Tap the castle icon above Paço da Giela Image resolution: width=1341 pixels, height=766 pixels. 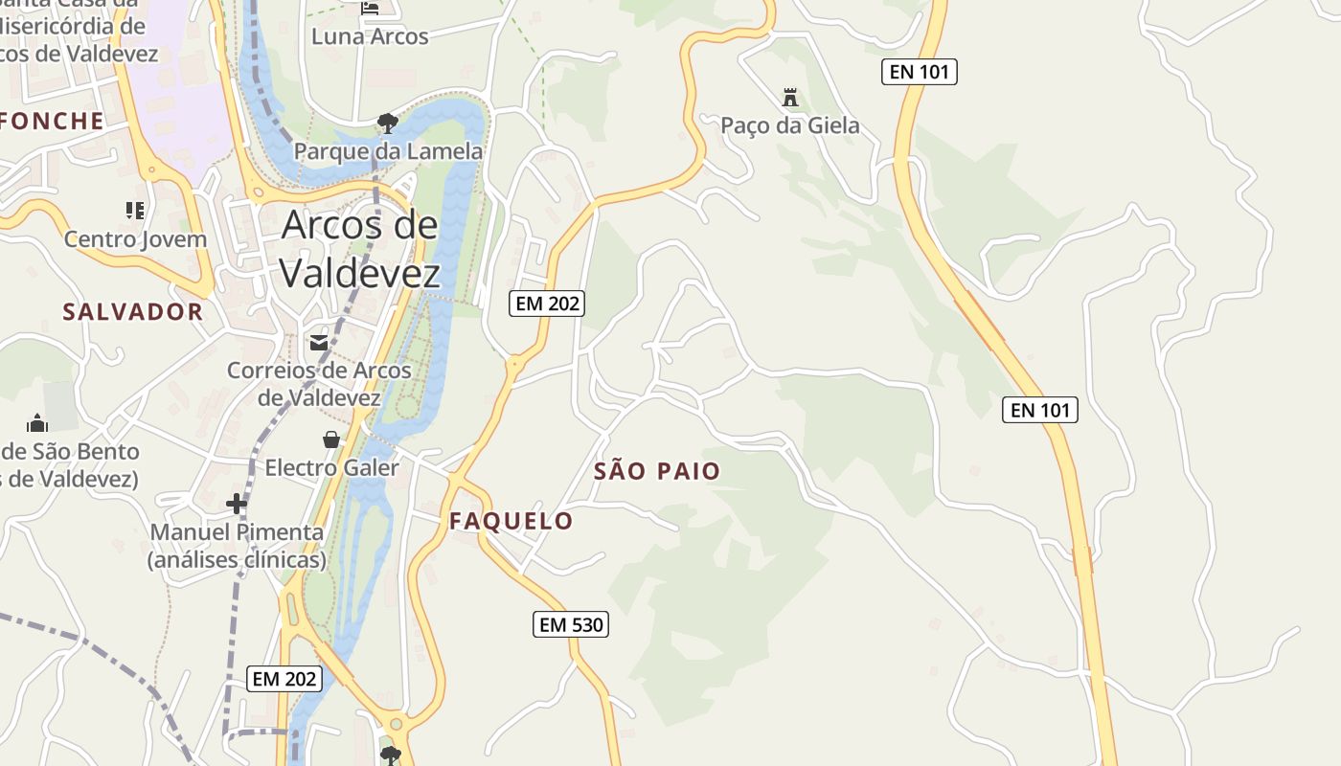coord(790,98)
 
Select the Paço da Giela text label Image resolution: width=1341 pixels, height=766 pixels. coord(790,125)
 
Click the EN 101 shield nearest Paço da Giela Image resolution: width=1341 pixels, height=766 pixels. coord(920,72)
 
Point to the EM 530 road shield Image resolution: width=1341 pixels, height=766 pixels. coord(571,625)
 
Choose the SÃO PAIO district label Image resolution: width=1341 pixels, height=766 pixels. coord(657,471)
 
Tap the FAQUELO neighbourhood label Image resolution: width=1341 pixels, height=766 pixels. coord(511,521)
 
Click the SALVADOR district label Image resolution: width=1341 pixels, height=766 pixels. coord(133,311)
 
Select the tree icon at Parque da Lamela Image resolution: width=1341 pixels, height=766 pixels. coord(388,123)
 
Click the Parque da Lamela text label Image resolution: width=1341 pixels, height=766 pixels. coord(388,151)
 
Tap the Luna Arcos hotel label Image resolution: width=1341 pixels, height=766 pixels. coord(370,36)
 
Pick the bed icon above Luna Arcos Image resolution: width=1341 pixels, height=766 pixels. coord(371,9)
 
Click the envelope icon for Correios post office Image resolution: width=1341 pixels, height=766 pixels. coord(319,342)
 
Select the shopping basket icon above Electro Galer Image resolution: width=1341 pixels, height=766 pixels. coord(331,439)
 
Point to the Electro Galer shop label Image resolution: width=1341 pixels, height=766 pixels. coord(331,467)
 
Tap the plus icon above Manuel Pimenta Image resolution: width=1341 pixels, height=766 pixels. coord(237,504)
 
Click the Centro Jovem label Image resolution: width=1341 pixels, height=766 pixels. coord(135,239)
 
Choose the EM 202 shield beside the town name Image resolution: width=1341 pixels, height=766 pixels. coord(546,304)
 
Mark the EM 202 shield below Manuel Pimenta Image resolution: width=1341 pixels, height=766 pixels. coord(284,679)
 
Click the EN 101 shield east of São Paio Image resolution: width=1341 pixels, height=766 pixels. coord(1040,410)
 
